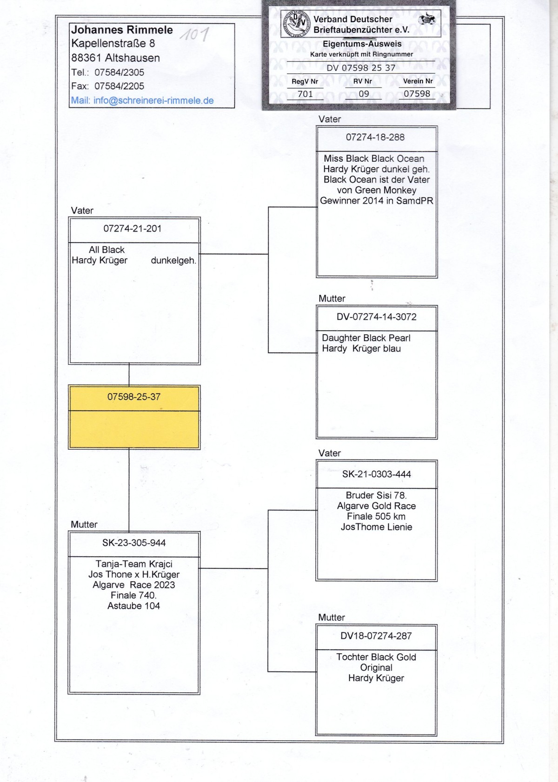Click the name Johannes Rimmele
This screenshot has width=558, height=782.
[122, 30]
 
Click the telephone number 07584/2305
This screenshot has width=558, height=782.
[119, 72]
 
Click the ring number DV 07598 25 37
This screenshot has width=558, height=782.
[361, 68]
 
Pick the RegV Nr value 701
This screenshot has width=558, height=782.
[305, 94]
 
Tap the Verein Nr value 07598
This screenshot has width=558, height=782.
[417, 94]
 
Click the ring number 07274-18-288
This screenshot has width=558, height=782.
[375, 137]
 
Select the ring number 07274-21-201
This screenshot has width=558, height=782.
[133, 229]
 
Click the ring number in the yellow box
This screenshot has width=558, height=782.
[134, 397]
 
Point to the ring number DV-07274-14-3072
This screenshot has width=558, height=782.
[377, 317]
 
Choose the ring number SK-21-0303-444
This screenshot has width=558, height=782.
[377, 474]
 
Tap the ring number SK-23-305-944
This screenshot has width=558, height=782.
[134, 543]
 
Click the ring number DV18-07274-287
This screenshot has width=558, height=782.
[376, 636]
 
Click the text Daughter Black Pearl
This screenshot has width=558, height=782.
[366, 338]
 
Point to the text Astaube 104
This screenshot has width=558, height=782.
[133, 606]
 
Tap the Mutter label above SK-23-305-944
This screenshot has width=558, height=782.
[84, 525]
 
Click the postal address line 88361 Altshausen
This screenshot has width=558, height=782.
[115, 58]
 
